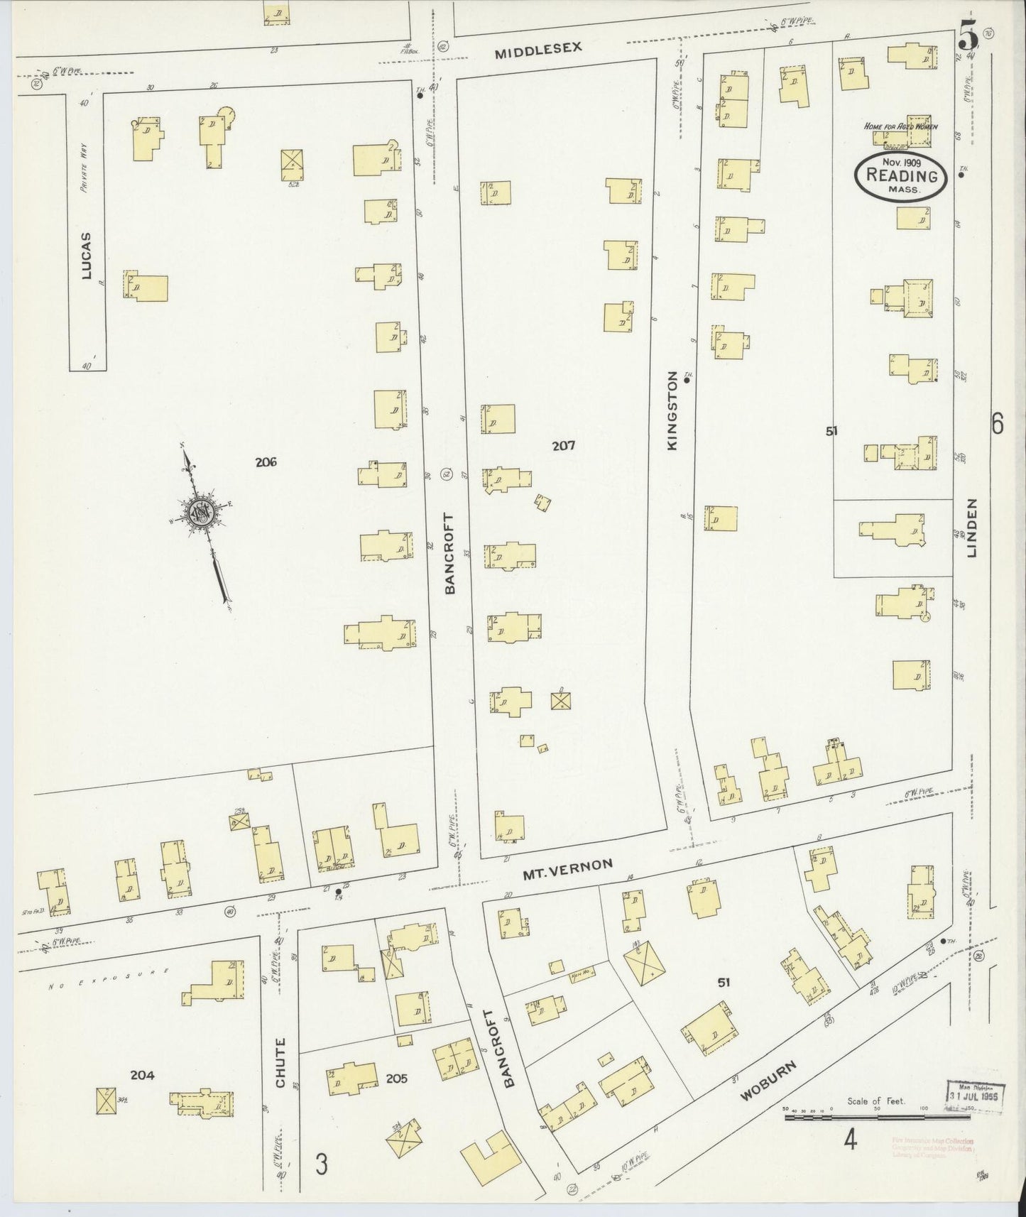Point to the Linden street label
972,528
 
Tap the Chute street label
280,1063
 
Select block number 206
266,463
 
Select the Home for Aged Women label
900,126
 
